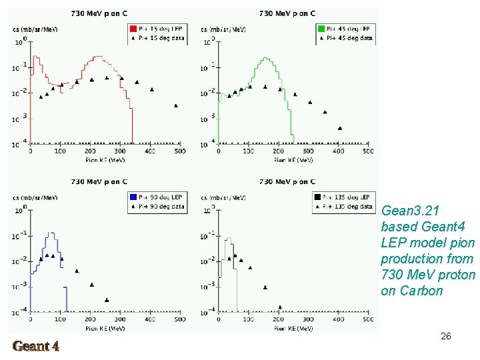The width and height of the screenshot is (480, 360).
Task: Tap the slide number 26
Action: coord(446,337)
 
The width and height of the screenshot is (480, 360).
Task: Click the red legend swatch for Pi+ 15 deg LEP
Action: coord(133,29)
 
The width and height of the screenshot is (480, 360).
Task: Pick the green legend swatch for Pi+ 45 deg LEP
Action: coord(321,29)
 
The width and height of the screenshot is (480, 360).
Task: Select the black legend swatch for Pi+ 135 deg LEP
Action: coord(316,197)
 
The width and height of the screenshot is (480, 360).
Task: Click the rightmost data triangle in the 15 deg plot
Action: coord(176,105)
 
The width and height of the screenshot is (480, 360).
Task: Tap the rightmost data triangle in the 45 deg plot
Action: coord(340,128)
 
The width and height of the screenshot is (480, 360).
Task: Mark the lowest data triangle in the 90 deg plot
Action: coord(107,299)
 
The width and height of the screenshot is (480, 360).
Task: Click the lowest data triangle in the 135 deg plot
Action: coord(279,307)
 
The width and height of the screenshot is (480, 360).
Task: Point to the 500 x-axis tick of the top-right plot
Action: coord(368,152)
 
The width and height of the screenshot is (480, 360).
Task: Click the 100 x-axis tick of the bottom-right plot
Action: coord(249,320)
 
